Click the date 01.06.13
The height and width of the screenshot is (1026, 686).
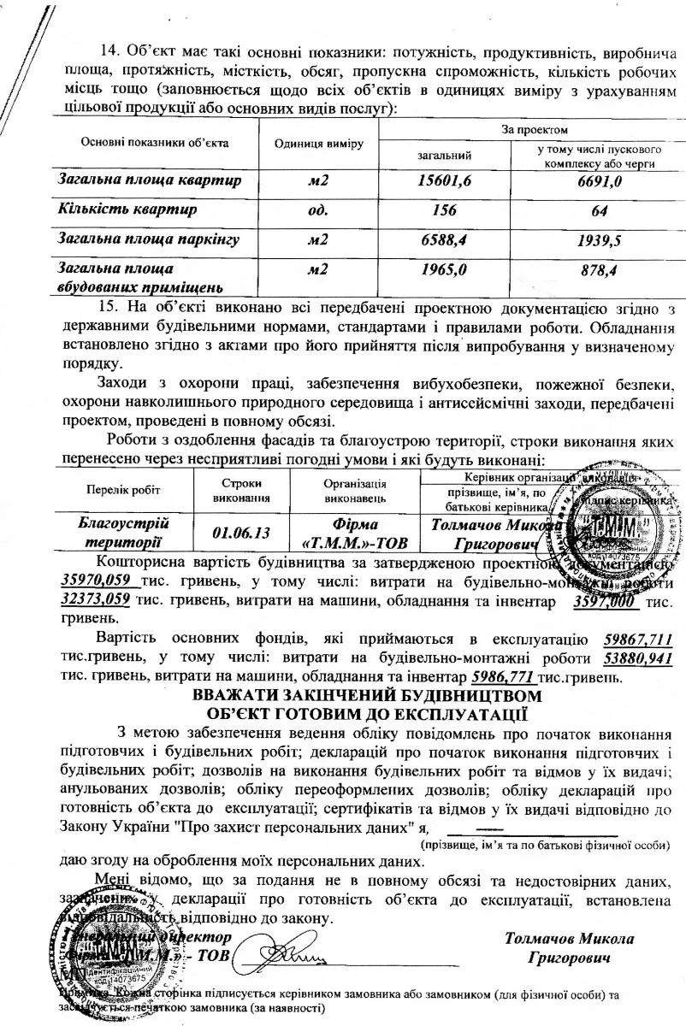[x=241, y=533]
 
